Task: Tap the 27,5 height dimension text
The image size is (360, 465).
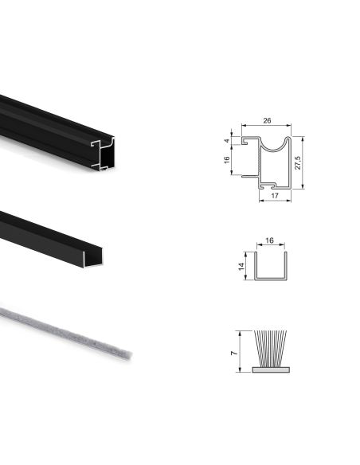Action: click(x=297, y=162)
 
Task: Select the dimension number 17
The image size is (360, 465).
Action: click(x=274, y=195)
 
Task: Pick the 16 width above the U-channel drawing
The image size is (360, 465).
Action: click(x=269, y=238)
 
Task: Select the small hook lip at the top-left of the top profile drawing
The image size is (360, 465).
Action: click(x=246, y=141)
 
